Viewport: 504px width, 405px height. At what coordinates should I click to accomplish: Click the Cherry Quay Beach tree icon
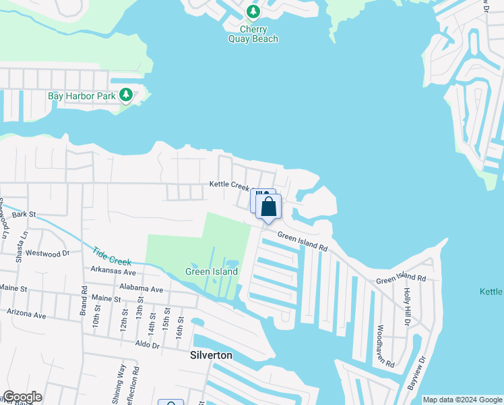(253, 11)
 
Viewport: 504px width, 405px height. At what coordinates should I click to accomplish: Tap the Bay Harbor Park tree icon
(126, 95)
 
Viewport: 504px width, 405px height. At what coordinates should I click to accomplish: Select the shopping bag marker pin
(268, 207)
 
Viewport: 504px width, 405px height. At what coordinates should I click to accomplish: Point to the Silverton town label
(211, 355)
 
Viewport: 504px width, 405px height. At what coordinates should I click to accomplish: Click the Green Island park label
(212, 271)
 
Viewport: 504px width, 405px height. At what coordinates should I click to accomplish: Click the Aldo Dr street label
(146, 345)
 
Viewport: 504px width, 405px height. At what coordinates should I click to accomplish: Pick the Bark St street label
(23, 214)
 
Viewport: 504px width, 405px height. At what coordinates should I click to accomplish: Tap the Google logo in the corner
(22, 397)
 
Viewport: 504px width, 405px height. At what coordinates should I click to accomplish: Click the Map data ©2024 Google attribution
(462, 400)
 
